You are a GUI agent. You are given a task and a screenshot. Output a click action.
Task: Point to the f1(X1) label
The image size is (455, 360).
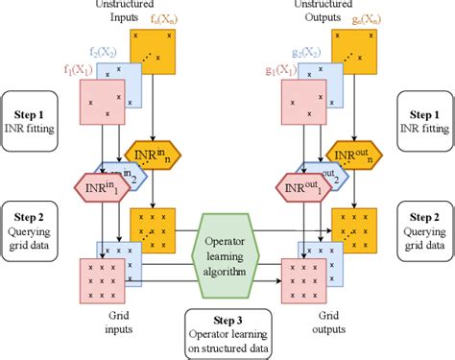click(x=78, y=70)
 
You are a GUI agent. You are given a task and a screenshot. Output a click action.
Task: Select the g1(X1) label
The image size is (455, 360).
click(x=280, y=70)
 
